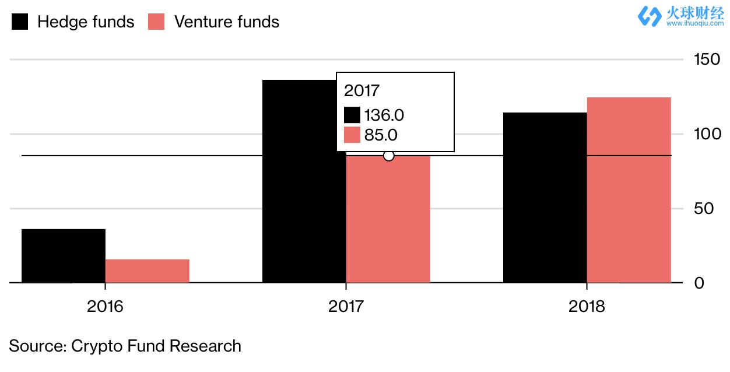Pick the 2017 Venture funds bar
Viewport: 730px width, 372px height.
(x=388, y=222)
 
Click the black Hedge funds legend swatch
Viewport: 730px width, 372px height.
(x=20, y=22)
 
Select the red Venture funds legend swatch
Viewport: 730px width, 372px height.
(x=156, y=22)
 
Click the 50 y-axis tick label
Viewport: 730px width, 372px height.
(x=704, y=209)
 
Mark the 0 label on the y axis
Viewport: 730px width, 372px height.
(x=699, y=283)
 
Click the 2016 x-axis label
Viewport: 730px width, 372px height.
(x=105, y=306)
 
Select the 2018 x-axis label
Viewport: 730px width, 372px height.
(x=587, y=306)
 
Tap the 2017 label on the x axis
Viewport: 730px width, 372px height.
(x=346, y=306)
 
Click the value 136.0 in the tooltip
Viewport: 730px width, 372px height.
(x=384, y=115)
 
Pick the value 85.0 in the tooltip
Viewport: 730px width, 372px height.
(x=380, y=135)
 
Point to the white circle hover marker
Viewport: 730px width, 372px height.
(x=389, y=156)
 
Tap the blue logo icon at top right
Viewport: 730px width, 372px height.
(x=649, y=16)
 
